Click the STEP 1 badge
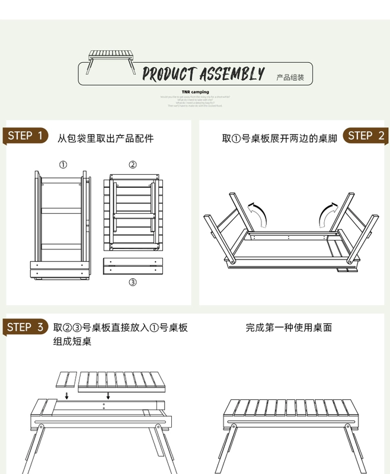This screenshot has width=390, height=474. click(x=26, y=136)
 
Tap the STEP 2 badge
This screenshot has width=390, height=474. click(x=365, y=136)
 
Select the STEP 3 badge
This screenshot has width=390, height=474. click(x=26, y=327)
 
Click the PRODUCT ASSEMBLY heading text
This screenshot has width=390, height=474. click(x=203, y=74)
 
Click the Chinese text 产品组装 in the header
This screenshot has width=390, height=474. click(x=290, y=78)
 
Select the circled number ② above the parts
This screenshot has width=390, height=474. click(x=133, y=165)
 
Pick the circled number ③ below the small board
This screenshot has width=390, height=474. click(x=133, y=282)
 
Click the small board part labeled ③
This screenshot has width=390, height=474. click(x=133, y=265)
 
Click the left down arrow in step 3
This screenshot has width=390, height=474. click(x=67, y=395)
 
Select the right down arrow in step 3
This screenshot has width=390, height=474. click(x=108, y=395)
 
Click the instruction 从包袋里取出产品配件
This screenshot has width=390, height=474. click(x=106, y=139)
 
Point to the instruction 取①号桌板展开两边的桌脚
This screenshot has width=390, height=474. click(x=279, y=139)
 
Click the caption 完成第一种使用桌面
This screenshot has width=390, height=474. click(x=289, y=327)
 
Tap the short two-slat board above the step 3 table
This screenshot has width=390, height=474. click(x=67, y=379)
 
